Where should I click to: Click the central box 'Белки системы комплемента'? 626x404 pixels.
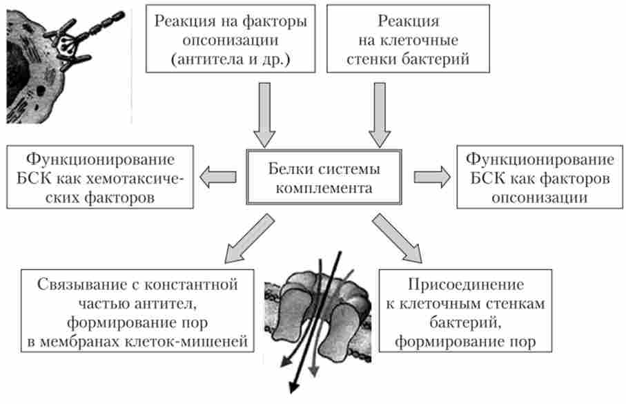(324, 178)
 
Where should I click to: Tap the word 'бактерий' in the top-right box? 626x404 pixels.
(439, 59)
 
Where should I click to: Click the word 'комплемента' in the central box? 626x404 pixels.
(324, 188)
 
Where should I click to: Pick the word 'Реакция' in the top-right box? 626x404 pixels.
(409, 21)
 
